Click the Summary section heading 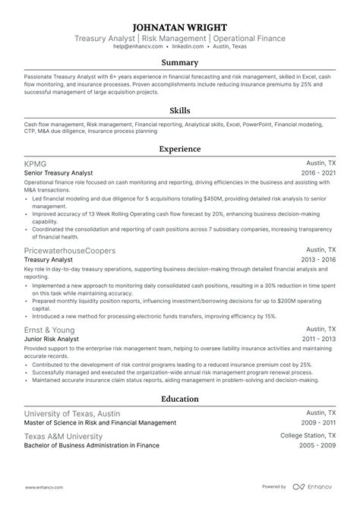pos(180,63)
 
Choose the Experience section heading pos(180,150)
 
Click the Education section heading pos(180,399)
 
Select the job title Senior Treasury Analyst pos(62,172)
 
